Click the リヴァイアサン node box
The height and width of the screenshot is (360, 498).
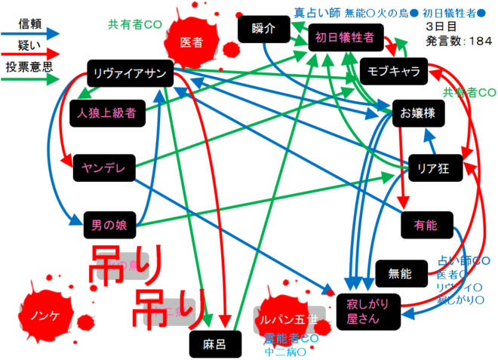[131, 72]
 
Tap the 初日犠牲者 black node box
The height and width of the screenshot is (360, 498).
[345, 37]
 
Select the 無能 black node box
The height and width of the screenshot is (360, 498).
[399, 273]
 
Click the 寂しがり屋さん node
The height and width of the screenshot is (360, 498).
[365, 311]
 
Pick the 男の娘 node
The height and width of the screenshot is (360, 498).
[109, 224]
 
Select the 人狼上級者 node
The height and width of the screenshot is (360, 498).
[106, 113]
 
